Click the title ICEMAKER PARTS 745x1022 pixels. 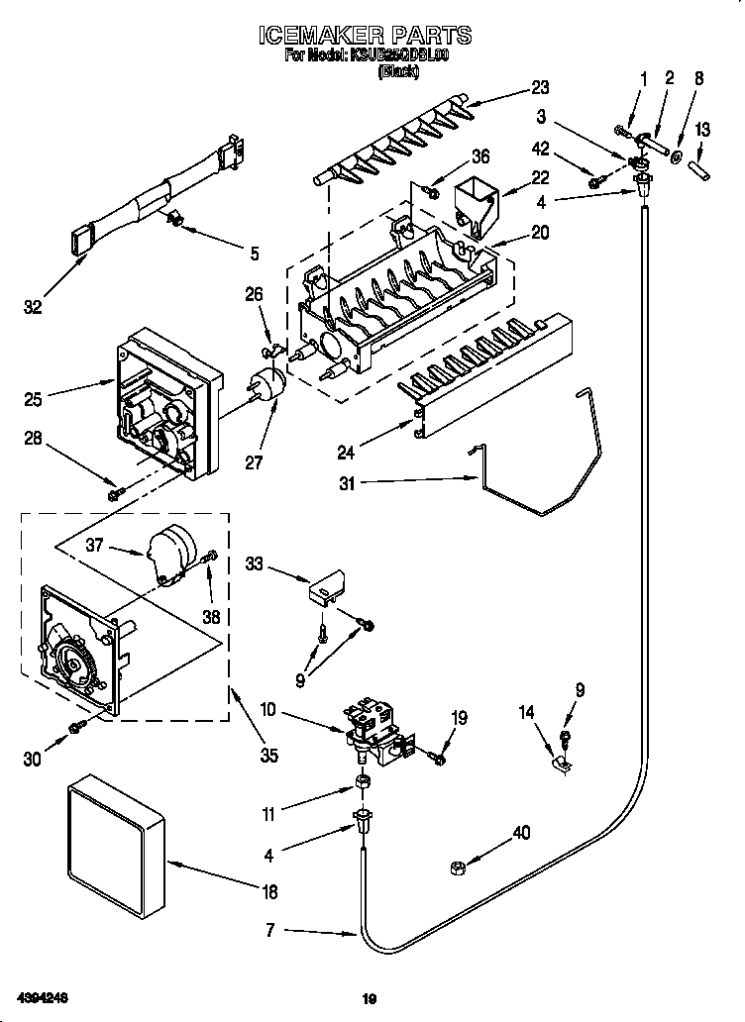click(x=366, y=37)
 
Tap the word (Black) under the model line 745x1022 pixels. click(x=398, y=71)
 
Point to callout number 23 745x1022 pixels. click(x=568, y=86)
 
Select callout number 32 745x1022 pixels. click(x=34, y=307)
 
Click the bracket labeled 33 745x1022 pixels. click(x=327, y=588)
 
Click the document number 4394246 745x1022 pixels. click(x=41, y=997)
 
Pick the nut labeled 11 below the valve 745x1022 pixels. click(x=363, y=786)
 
